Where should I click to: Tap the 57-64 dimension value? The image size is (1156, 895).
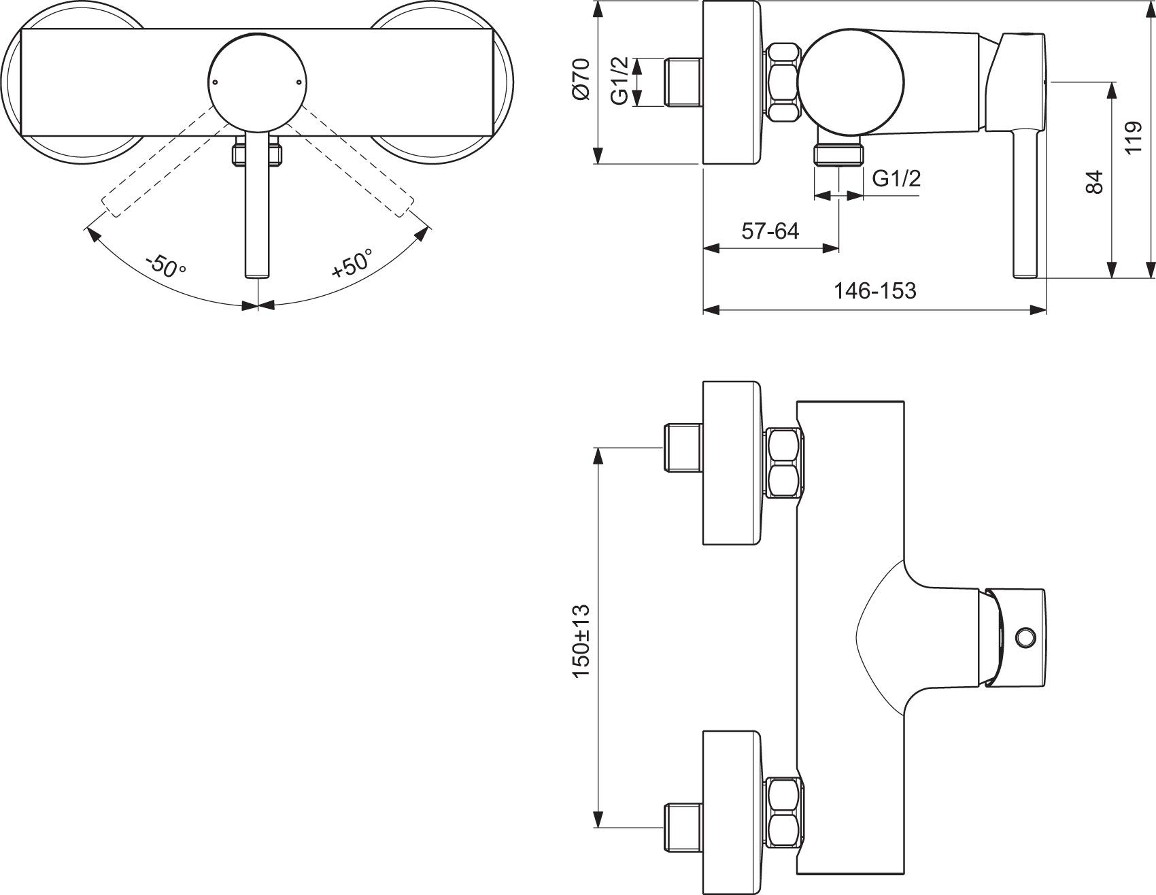(770, 231)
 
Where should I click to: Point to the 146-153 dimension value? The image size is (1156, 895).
(874, 291)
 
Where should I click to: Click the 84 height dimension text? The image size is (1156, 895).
(1093, 182)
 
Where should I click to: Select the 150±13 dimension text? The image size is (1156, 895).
(582, 641)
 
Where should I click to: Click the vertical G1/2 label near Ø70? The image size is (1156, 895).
(619, 82)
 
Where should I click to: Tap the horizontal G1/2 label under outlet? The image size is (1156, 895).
(896, 179)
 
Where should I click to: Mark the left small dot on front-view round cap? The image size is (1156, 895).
(216, 82)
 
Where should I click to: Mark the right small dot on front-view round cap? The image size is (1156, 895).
(299, 82)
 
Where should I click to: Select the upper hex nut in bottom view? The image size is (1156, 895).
(783, 462)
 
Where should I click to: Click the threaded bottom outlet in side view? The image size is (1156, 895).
(839, 154)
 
